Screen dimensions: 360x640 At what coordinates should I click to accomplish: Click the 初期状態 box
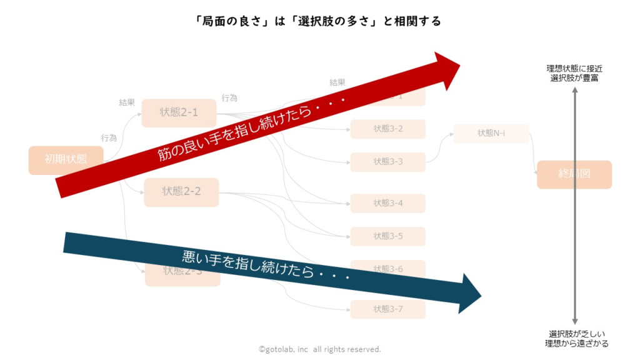tap(65, 159)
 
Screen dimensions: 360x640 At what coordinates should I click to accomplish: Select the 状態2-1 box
tap(179, 112)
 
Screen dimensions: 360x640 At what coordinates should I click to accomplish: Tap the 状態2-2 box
tap(181, 191)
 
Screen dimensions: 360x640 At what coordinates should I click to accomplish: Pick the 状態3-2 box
tap(387, 129)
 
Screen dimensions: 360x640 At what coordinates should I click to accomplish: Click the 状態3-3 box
tap(387, 162)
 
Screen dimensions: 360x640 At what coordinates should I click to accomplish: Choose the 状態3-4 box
tap(387, 203)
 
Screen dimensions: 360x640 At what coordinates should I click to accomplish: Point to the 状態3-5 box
tap(387, 236)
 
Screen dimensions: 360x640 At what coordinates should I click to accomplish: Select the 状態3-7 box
tap(387, 309)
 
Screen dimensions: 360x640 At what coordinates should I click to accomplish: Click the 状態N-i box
tap(491, 133)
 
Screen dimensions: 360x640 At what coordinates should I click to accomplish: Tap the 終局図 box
tap(574, 174)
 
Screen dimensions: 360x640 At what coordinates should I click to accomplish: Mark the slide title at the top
tap(319, 21)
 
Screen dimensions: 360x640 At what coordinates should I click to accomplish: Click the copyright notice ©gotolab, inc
tap(319, 349)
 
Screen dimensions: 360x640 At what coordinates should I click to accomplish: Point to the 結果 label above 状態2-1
tap(127, 102)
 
